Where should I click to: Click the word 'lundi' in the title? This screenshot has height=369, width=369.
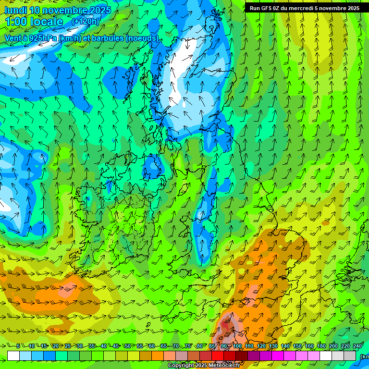[x=15, y=10]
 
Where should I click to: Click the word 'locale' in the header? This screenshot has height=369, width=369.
[x=47, y=22]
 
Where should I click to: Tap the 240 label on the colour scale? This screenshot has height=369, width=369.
[x=357, y=346]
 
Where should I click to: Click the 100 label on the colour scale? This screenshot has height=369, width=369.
[x=237, y=346]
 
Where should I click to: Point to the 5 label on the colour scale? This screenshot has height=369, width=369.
[x=18, y=346]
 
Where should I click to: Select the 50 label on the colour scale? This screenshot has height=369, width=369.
[x=127, y=346]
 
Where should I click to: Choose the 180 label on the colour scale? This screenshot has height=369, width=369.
[x=321, y=346]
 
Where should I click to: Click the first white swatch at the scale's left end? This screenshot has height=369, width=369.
[x=13, y=356]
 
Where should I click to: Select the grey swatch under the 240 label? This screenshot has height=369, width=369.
[x=351, y=356]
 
